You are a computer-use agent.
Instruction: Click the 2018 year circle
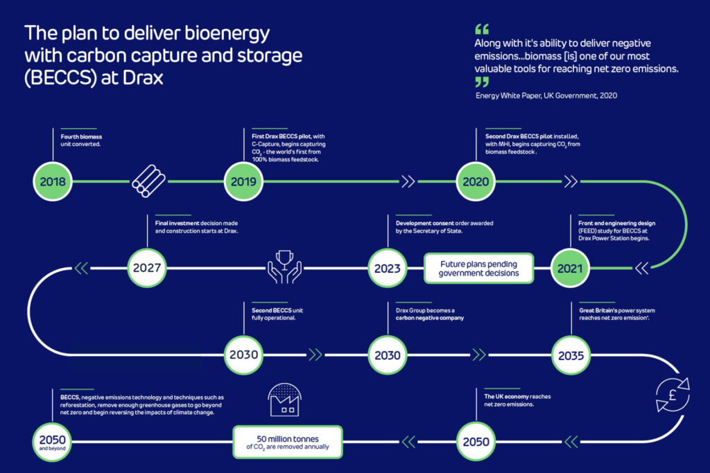pos(53,182)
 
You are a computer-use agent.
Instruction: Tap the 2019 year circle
pos(244,182)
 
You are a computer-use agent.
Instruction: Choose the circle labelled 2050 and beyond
pos(53,441)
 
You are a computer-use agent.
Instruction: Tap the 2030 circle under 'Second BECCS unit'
pos(244,355)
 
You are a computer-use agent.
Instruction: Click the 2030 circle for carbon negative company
pos(388,355)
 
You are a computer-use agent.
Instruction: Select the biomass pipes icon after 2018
pos(148,181)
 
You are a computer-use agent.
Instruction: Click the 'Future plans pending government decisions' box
pos(478,269)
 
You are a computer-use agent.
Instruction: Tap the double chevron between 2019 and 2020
pos(408,182)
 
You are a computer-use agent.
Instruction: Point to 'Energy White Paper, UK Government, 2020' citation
pos(546,95)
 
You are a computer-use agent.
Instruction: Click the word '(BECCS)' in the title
pos(57,78)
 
